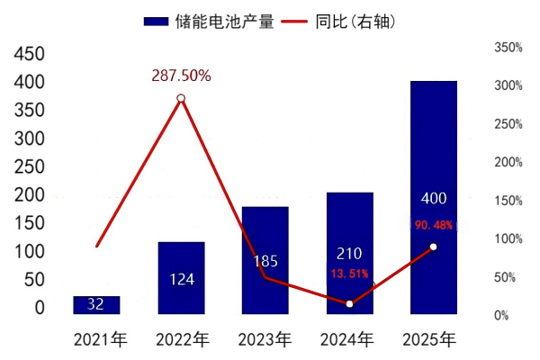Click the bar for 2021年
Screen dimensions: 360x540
[x=96, y=305]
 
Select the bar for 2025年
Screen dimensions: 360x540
[x=433, y=198]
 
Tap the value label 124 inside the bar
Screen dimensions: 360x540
[x=181, y=279]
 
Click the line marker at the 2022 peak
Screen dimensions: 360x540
[x=181, y=98]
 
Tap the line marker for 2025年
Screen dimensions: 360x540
[x=433, y=247]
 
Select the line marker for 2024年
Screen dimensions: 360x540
[x=349, y=304]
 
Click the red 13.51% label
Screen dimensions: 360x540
[x=349, y=274]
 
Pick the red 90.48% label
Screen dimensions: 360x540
[x=434, y=224]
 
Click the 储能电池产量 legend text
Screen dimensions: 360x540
[x=224, y=21]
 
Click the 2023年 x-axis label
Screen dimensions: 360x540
[x=265, y=340]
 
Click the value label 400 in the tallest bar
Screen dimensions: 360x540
[x=433, y=197]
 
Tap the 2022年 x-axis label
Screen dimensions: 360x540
[x=181, y=340]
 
